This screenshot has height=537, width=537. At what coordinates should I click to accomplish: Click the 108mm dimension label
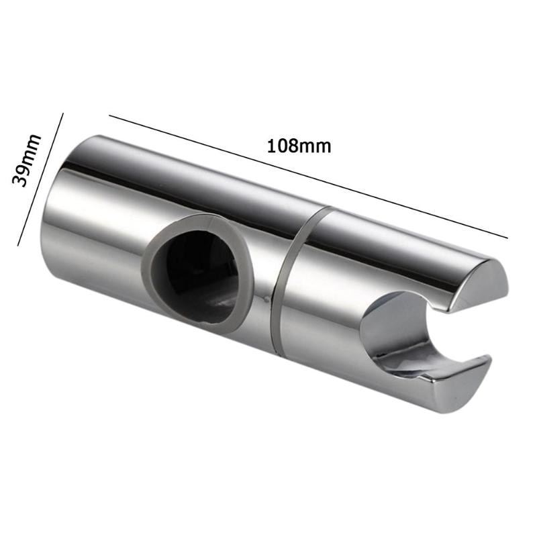(299, 145)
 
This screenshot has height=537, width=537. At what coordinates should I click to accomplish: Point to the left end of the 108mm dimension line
(110, 117)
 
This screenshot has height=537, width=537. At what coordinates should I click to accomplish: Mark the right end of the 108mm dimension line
(507, 236)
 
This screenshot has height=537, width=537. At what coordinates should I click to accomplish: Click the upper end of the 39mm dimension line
(62, 113)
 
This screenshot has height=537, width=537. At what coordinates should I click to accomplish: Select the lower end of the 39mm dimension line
(18, 245)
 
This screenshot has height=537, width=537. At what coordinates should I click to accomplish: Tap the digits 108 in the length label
(283, 145)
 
